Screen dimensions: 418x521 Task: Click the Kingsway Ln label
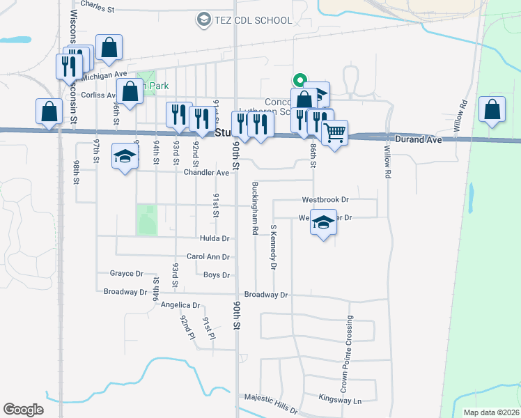pos(340,401)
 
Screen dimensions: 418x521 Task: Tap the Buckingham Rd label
pos(256,208)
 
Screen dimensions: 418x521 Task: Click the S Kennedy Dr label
pos(274,247)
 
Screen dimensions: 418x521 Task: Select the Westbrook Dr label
pos(325,199)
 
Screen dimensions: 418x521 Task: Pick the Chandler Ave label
pos(207,173)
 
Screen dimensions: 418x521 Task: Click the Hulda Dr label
pos(215,238)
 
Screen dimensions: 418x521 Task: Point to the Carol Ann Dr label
pos(208,257)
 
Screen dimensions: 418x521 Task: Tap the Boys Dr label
pos(216,275)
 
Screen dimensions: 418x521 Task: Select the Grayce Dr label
pos(126,274)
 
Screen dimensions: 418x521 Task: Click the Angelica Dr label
pos(180,305)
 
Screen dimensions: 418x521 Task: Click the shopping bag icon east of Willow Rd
pos(492,109)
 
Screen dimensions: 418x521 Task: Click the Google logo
pos(23,409)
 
